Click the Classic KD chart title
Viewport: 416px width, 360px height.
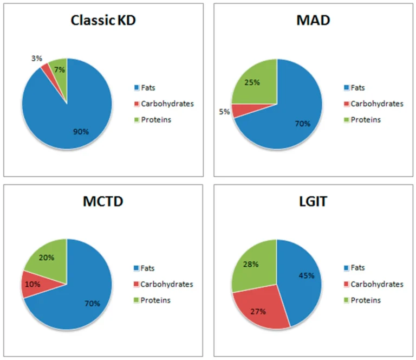point(102,21)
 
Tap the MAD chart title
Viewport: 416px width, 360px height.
point(313,21)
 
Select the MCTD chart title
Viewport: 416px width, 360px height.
point(102,202)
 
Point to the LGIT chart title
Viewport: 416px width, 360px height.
point(313,202)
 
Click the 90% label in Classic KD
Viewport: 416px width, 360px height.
point(82,131)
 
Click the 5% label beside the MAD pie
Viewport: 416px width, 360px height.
point(224,112)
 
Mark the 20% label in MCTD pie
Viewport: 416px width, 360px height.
point(47,258)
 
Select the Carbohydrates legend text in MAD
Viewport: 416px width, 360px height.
point(377,104)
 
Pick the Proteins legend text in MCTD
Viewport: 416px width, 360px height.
point(156,300)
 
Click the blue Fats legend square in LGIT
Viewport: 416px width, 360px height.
point(346,268)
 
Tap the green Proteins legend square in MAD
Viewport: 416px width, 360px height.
point(346,120)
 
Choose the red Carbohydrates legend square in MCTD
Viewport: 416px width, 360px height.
point(136,284)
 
